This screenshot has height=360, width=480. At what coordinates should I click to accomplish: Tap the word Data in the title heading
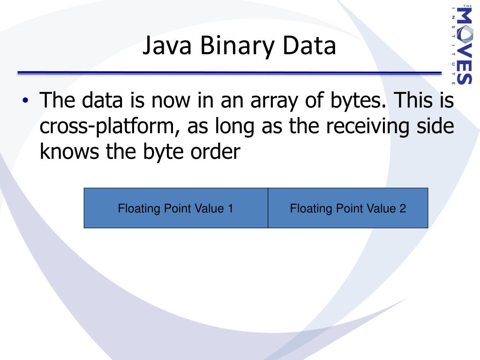[309, 47]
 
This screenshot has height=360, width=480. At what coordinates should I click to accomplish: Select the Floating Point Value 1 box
[176, 208]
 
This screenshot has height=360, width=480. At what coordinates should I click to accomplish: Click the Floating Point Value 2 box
[348, 208]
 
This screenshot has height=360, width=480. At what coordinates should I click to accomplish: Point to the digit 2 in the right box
[403, 208]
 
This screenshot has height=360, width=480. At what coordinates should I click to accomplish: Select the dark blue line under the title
[229, 73]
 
